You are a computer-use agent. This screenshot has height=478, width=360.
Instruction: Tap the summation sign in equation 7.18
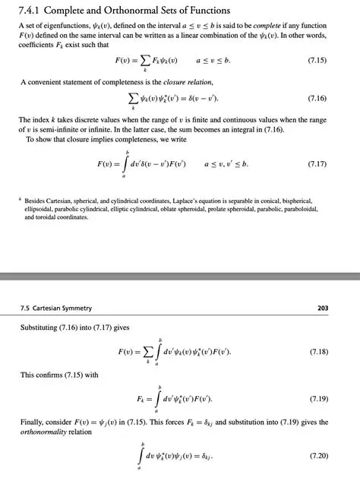pos(143,353)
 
